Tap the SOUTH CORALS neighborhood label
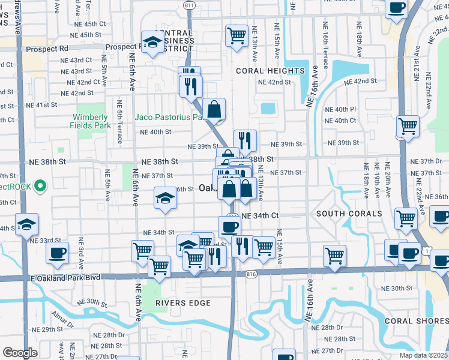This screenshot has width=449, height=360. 349,214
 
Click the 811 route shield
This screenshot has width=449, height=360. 190,5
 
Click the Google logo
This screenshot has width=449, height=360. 20,353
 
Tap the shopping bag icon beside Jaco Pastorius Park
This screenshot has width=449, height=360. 214,110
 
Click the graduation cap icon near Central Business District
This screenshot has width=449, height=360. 152,42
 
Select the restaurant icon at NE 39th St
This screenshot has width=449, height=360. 245,141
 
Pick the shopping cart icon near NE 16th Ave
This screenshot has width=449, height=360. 334,255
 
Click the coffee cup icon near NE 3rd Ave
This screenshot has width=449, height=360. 57,253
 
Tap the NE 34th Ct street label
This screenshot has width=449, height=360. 261,215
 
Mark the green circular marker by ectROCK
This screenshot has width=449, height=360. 40,186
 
